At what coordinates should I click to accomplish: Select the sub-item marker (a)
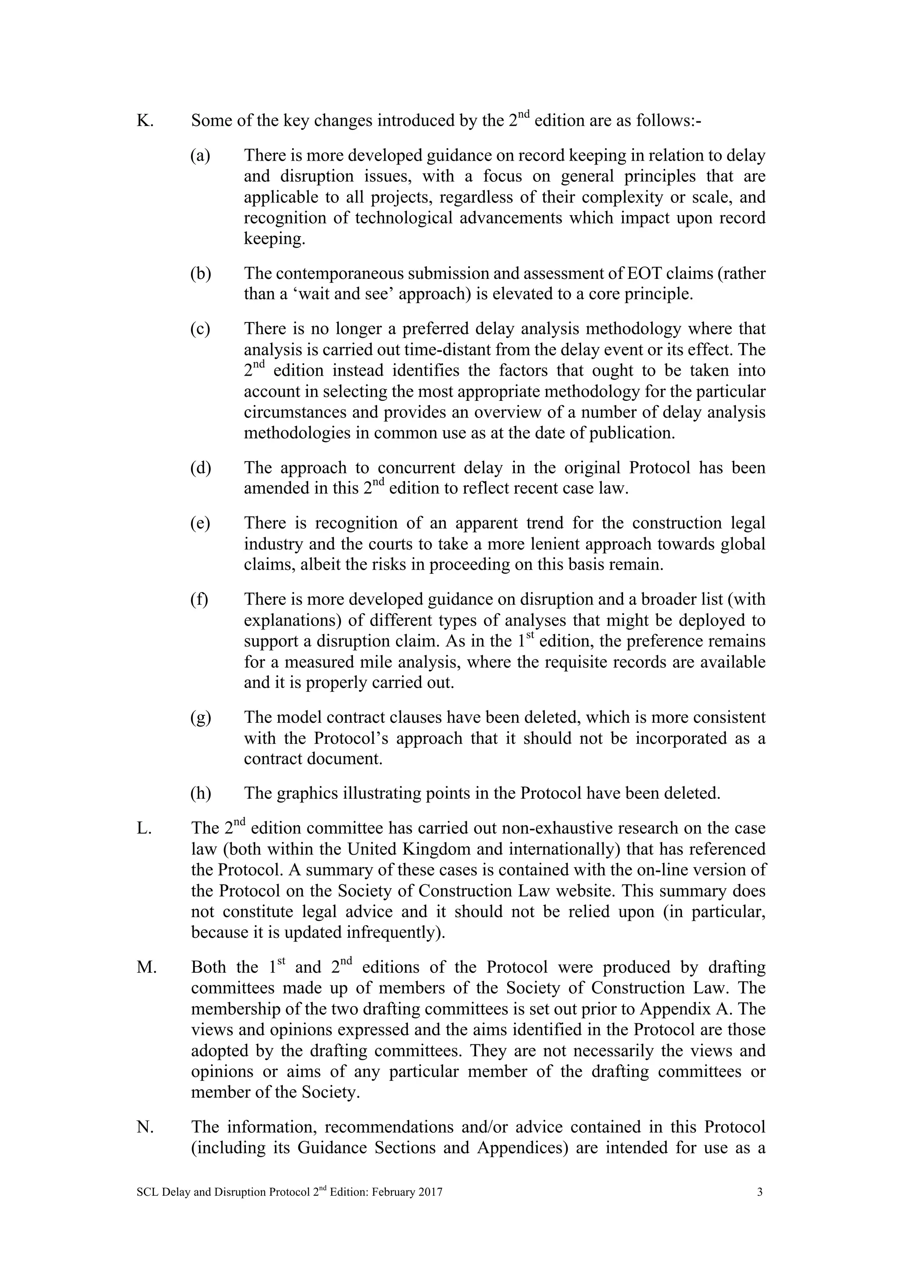pyautogui.click(x=200, y=156)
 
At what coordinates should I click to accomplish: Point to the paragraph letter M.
pyautogui.click(x=147, y=968)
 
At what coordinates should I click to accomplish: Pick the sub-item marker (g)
pyautogui.click(x=200, y=718)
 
